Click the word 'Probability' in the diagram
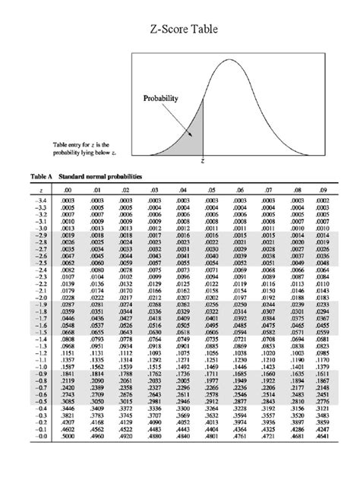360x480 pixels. coord(160,99)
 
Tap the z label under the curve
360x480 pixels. coord(204,162)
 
